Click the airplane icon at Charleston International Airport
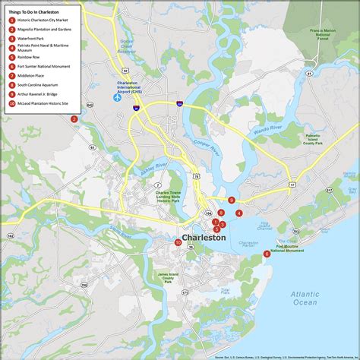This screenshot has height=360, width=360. [118, 97]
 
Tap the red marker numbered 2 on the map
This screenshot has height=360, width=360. [74, 118]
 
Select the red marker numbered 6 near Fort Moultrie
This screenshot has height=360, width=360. [267, 254]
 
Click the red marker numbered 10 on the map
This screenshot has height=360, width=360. [178, 242]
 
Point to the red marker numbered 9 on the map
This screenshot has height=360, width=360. [231, 201]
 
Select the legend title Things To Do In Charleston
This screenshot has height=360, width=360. [44, 12]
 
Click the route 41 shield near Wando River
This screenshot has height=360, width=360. [311, 73]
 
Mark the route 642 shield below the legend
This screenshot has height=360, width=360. [89, 105]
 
